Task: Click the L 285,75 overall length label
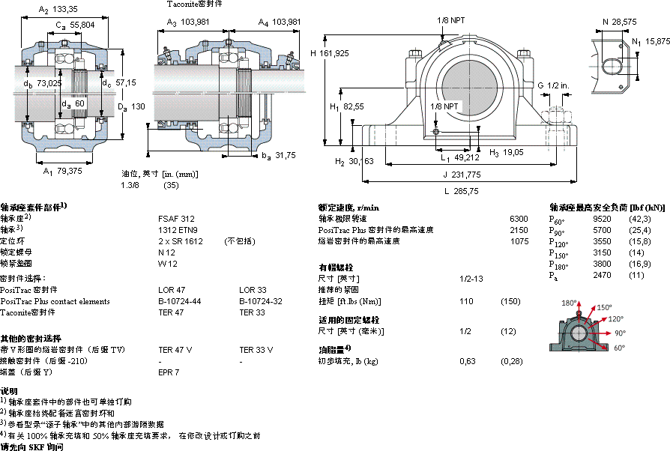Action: point(460,191)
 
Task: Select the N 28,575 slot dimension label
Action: point(621,22)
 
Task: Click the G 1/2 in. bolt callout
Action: point(554,85)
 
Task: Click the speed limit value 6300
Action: point(519,218)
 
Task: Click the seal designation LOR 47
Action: point(171,289)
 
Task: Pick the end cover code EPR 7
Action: point(169,372)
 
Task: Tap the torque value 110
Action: point(465,300)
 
